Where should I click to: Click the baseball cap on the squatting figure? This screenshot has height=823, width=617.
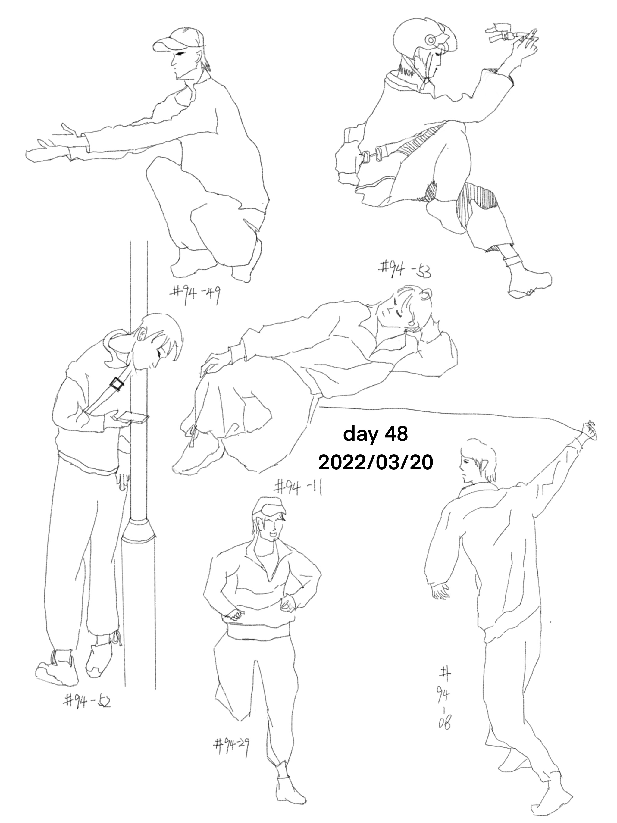tap(178, 39)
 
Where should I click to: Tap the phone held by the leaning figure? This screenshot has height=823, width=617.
tap(133, 418)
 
